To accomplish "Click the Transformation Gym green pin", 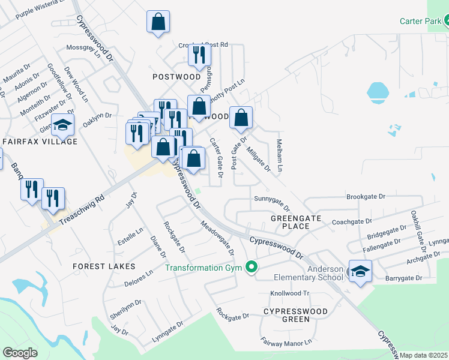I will pyautogui.click(x=252, y=268).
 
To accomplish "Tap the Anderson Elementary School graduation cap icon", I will pyautogui.click(x=360, y=271).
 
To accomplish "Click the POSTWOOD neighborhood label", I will pyautogui.click(x=176, y=77).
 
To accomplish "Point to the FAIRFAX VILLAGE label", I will pyautogui.click(x=40, y=142).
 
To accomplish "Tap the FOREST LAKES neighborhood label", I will pyautogui.click(x=104, y=266).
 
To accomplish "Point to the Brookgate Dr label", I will pyautogui.click(x=366, y=197).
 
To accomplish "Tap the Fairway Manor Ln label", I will pyautogui.click(x=288, y=342).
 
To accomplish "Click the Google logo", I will pyautogui.click(x=20, y=353).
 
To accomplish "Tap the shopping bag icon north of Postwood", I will pyautogui.click(x=158, y=22).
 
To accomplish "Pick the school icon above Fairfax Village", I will pyautogui.click(x=61, y=125).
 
